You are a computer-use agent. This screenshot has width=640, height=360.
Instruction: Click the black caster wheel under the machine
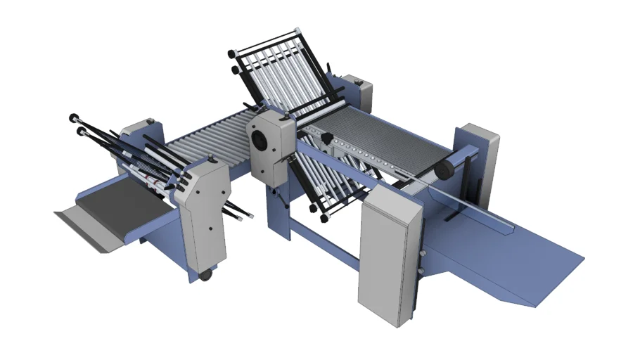205,274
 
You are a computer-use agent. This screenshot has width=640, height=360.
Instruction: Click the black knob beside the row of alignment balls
328,141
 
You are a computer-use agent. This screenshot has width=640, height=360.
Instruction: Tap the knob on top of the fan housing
265,109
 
